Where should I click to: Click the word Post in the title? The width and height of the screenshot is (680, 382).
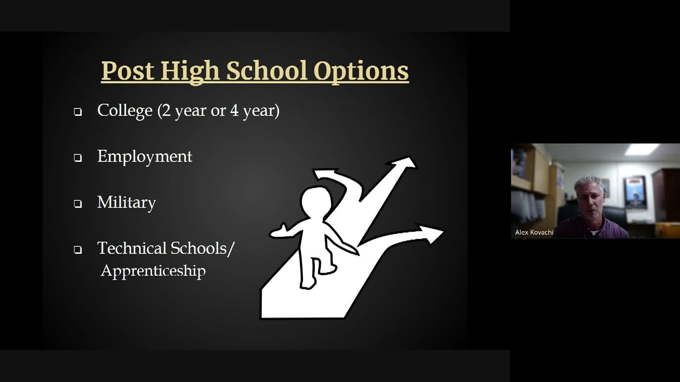128,71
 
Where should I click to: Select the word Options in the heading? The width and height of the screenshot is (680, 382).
361,72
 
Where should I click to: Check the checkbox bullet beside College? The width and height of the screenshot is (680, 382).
78,112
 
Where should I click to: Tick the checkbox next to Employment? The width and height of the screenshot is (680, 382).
78,158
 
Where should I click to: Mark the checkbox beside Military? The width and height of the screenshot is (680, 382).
78,204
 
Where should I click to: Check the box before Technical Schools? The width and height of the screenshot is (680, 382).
78,250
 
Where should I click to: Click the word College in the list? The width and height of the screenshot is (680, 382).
125,111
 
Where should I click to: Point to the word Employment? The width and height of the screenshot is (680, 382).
145,157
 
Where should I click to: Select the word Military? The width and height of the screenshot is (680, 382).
126,203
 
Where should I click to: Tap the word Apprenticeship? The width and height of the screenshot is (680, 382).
153,271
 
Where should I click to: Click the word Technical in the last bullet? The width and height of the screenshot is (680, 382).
132,248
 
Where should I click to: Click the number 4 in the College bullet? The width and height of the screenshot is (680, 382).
234,110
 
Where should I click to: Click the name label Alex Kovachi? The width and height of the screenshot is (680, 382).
534,232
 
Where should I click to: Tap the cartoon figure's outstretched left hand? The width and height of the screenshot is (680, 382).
278,231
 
